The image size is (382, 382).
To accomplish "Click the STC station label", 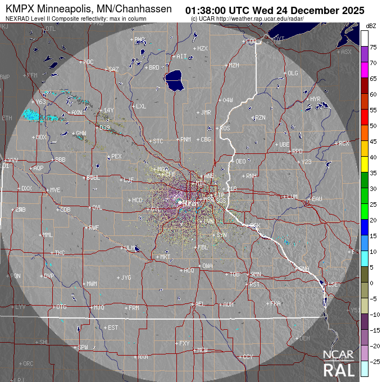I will coord(158,141).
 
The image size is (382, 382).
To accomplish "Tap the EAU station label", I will coord(317,199).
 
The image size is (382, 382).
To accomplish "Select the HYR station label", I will coord(315,99).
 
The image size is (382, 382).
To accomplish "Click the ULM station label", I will coord(130,247).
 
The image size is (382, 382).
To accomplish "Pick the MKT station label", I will coord(165,257).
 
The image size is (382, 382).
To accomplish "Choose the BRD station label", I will coord(154,67).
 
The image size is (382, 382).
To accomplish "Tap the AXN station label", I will coord(76,112).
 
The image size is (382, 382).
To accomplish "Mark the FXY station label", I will coord(185,343).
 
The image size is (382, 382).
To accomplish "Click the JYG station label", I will coord(126,278).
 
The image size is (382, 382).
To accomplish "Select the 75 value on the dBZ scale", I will coord(373,48).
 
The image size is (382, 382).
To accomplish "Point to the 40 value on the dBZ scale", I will coord(373,157).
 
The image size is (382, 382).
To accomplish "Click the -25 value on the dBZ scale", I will coord(373,361).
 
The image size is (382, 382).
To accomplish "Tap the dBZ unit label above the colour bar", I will coord(371,26).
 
